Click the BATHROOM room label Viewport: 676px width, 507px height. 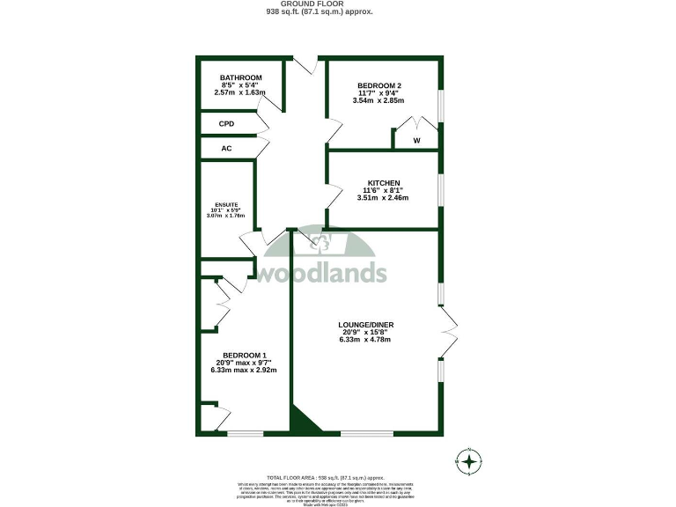240,77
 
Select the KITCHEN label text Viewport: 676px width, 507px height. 383,183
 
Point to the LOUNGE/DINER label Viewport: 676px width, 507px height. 365,325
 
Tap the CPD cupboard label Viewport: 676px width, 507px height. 226,124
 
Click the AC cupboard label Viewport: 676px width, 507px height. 226,148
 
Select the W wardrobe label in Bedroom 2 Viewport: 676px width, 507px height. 416,140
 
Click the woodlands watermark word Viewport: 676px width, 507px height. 321,273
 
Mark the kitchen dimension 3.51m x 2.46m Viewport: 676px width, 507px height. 383,198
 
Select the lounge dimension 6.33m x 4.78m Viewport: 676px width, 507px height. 365,340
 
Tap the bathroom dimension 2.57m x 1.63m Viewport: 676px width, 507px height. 240,92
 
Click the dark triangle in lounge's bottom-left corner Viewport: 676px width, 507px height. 299,423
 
